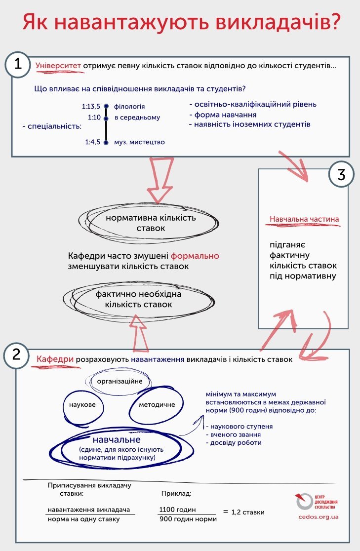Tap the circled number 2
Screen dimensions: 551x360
(x=16, y=355)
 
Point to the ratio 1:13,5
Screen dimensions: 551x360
(x=91, y=106)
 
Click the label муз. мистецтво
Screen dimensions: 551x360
(x=139, y=142)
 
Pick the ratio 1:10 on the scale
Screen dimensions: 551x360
(x=94, y=118)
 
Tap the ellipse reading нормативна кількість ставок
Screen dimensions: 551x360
(x=150, y=223)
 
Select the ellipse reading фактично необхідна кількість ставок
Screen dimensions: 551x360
(x=138, y=300)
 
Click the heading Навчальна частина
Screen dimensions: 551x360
(x=304, y=219)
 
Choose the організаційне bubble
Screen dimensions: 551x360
(x=120, y=381)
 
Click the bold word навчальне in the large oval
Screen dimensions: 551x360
(x=117, y=439)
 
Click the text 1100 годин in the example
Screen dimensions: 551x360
(x=177, y=510)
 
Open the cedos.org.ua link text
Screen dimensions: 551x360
(x=319, y=516)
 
